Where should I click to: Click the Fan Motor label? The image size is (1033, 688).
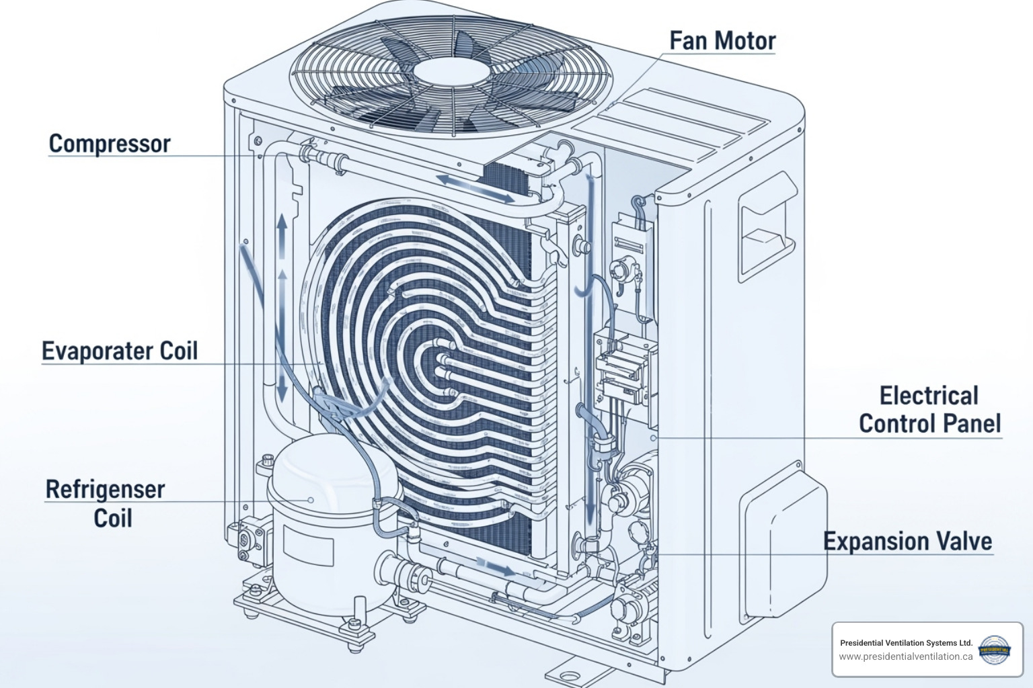point(722,41)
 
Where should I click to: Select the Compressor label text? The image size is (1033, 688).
point(110,144)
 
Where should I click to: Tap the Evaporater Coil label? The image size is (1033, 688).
point(120,351)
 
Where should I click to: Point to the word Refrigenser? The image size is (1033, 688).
point(105,490)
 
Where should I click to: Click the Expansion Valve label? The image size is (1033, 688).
point(907,542)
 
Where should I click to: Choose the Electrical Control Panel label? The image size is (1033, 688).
point(929,410)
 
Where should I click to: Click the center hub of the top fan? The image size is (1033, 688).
point(451,72)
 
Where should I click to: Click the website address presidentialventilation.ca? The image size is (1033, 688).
point(905,656)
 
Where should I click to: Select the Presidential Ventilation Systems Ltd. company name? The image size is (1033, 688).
point(906,643)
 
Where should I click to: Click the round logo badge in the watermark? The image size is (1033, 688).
point(995,650)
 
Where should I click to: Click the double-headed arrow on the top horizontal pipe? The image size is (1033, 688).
point(474,188)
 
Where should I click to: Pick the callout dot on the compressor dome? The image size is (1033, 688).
point(311,500)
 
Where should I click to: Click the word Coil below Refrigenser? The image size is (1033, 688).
point(112,518)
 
